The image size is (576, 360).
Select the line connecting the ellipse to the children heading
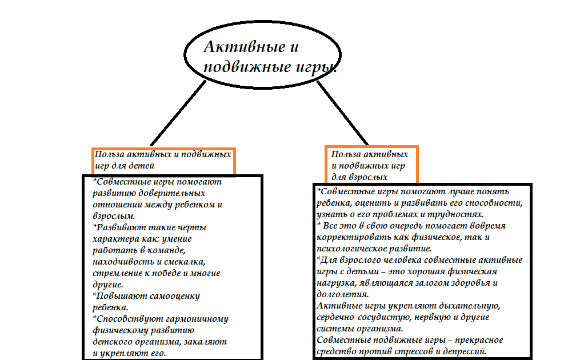pos(177,113)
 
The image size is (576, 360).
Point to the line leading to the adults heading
pos(343,113)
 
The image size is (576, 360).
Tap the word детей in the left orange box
pos(142,166)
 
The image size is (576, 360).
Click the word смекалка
pos(186,261)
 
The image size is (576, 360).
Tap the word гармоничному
pos(195,318)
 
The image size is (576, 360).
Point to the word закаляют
pos(206,341)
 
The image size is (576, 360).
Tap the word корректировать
pos(351,237)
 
